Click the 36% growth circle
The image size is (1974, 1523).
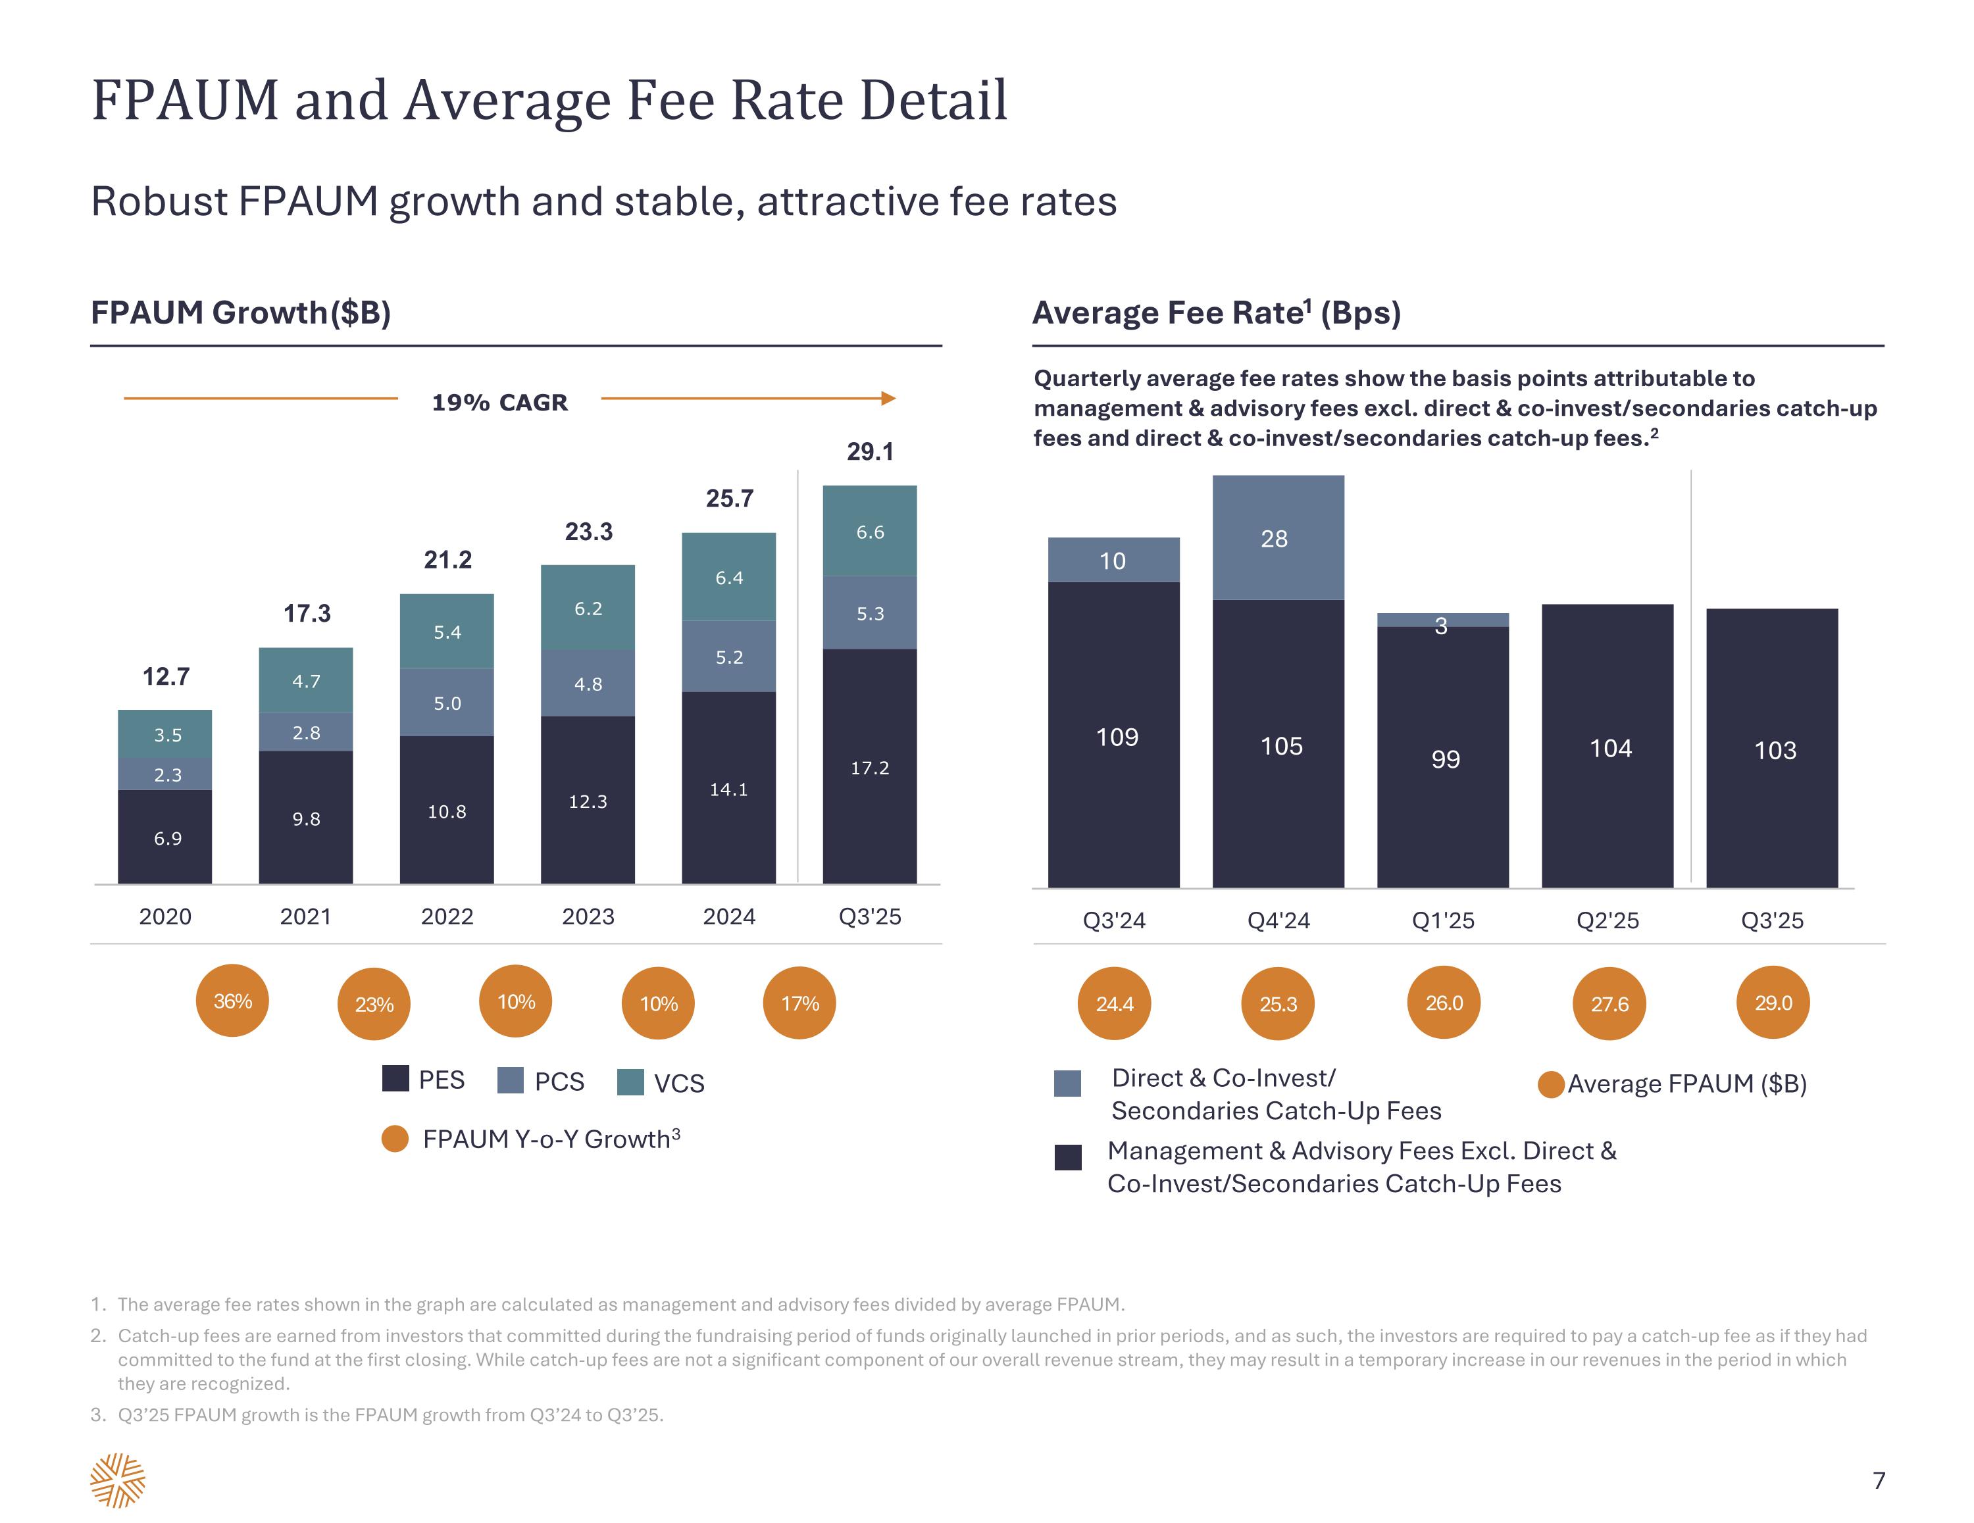tap(232, 1001)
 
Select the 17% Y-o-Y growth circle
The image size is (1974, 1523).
tap(799, 1003)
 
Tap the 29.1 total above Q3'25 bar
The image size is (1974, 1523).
tap(869, 451)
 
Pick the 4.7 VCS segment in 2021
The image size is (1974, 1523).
tap(305, 681)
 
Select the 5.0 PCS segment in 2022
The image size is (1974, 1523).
tap(447, 703)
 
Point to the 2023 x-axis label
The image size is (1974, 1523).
tap(588, 916)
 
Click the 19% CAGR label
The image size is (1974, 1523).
tap(500, 402)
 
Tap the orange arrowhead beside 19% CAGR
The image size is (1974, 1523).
tap(888, 399)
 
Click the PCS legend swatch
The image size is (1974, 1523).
tap(511, 1080)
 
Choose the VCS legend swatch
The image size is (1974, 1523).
tap(630, 1082)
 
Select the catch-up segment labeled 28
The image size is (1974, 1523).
tap(1277, 539)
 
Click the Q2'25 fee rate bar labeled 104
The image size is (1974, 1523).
tap(1607, 747)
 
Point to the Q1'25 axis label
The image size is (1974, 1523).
tap(1442, 920)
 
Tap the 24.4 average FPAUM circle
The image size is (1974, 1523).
tap(1113, 1003)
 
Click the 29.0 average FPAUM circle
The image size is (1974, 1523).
tap(1773, 1003)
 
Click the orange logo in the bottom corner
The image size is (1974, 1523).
tap(118, 1480)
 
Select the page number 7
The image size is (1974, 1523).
tap(1878, 1480)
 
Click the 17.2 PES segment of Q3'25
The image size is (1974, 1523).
tap(869, 766)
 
